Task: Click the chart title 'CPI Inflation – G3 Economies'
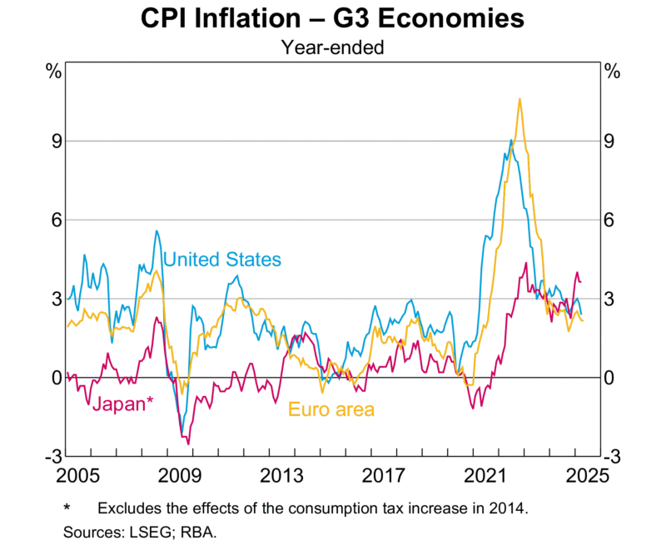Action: pos(332,18)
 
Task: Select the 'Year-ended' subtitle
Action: pos(332,47)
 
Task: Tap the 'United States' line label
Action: pos(222,260)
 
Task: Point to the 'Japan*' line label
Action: pos(122,404)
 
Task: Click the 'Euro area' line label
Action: pos(331,409)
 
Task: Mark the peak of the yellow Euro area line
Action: pos(519,99)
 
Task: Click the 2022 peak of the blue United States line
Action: pos(510,141)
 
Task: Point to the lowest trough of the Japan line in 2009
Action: pos(189,443)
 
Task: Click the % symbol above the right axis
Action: pos(612,71)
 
